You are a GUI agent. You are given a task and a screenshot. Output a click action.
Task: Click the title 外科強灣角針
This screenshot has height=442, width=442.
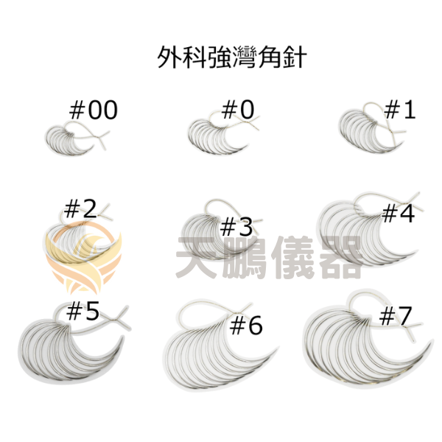(x=232, y=57)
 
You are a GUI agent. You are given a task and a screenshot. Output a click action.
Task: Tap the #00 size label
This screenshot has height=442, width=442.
(x=94, y=110)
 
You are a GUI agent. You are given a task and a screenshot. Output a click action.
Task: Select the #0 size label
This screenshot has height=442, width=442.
(x=238, y=110)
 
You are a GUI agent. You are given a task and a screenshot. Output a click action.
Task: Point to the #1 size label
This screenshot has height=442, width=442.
(x=400, y=110)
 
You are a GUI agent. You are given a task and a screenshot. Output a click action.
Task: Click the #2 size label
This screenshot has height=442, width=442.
(x=80, y=208)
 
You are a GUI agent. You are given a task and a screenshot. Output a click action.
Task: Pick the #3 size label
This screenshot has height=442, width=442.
(x=236, y=228)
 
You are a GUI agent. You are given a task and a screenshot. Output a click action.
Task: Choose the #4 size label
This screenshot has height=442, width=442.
(x=399, y=213)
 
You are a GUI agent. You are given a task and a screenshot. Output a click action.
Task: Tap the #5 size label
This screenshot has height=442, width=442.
(x=83, y=311)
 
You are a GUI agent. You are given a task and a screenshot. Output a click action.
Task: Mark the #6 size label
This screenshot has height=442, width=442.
(x=246, y=326)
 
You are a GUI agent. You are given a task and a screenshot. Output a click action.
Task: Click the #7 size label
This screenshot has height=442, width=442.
(x=396, y=316)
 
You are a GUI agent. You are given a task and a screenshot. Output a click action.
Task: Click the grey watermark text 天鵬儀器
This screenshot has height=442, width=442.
(x=268, y=257)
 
